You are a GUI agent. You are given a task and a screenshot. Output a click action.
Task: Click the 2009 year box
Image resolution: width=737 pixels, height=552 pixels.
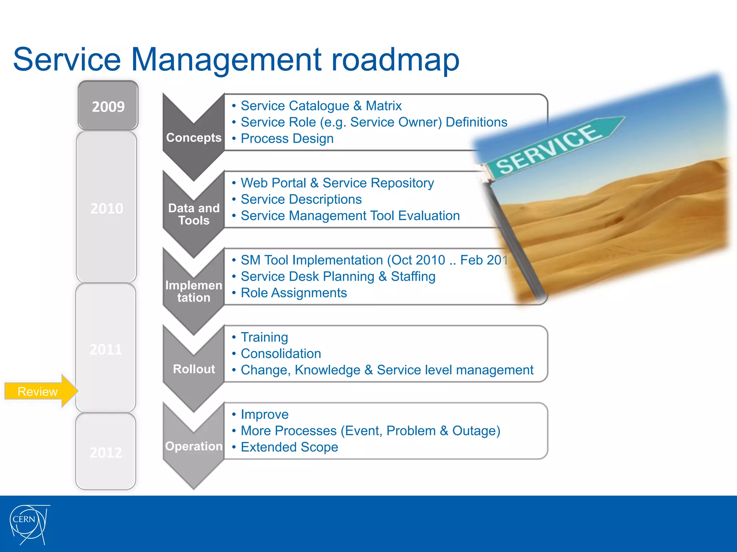tap(108, 106)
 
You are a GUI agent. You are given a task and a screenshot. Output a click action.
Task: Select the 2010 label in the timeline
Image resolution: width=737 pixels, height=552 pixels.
tap(107, 208)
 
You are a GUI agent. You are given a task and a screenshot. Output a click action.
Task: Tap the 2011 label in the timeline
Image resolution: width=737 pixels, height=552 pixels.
tap(106, 349)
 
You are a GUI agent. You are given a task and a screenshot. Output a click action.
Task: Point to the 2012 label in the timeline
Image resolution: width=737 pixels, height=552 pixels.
tap(106, 452)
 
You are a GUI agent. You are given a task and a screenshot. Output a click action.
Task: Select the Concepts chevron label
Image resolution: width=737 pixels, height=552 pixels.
tap(194, 138)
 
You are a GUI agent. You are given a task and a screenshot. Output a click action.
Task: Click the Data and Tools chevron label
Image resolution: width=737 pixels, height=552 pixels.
tap(194, 214)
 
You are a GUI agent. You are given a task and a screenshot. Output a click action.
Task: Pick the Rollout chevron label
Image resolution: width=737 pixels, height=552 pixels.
tap(194, 369)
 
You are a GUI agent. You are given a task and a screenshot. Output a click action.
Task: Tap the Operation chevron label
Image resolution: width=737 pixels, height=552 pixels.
tap(194, 446)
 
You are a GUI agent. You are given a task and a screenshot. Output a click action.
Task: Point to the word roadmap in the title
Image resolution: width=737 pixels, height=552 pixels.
tap(395, 59)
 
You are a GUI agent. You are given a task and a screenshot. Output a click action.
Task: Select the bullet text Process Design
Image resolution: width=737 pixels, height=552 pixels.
tap(287, 139)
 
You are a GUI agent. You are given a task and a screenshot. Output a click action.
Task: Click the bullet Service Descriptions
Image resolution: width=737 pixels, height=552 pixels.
tap(301, 199)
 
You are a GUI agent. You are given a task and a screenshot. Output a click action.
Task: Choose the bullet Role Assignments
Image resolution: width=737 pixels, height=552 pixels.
tap(294, 293)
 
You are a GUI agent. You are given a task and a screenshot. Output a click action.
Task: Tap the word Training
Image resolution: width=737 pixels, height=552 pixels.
tap(264, 337)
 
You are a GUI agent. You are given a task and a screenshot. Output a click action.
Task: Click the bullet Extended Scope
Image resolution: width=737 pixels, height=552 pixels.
tap(289, 447)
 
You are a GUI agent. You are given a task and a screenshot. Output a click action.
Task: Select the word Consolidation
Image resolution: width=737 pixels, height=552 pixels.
tap(281, 354)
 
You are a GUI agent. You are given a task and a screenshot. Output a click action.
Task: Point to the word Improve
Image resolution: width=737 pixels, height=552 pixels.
tap(264, 415)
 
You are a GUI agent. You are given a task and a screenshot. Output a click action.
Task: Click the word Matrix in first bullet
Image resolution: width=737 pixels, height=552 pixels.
tap(383, 106)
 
